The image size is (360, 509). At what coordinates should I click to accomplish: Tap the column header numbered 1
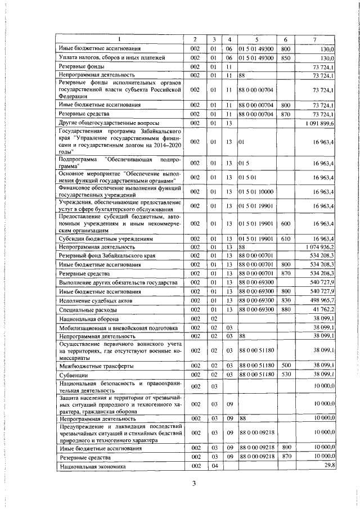tap(119, 39)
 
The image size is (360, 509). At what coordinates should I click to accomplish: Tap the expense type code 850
tap(285, 57)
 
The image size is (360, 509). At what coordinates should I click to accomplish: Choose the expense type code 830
tap(285, 300)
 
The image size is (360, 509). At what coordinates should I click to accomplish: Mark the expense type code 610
tap(285, 238)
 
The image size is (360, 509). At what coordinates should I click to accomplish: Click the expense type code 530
tap(285, 374)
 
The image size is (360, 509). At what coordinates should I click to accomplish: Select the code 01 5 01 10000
tap(256, 192)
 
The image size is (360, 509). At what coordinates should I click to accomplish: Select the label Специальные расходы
tap(88, 310)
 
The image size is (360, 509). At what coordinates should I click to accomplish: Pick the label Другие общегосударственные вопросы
tap(109, 123)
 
